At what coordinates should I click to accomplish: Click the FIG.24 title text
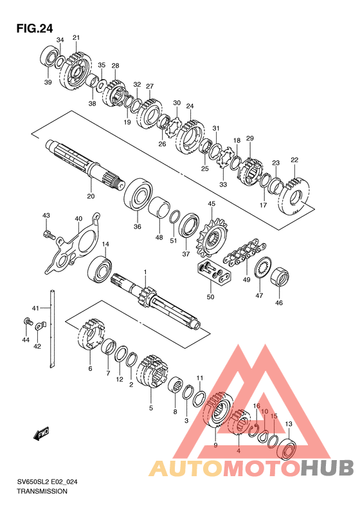(34, 28)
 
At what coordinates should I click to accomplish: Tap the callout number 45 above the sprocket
(212, 204)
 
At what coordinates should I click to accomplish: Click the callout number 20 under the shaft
(91, 196)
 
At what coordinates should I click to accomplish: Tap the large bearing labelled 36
(138, 194)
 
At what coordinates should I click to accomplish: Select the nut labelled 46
(280, 278)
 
